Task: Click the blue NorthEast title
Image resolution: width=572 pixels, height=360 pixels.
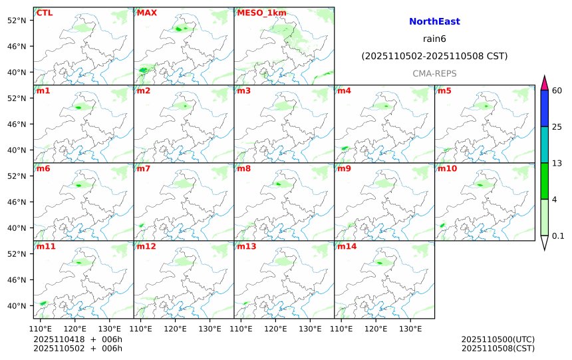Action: [434, 22]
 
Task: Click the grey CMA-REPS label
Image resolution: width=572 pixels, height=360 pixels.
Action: [434, 73]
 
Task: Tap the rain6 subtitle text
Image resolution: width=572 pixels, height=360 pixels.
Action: [434, 39]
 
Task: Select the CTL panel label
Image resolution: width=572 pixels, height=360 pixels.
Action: [45, 13]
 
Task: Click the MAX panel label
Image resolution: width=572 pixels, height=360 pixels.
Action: [146, 13]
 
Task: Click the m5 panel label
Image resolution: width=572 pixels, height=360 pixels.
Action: [444, 90]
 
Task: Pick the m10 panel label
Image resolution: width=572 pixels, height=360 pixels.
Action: [446, 168]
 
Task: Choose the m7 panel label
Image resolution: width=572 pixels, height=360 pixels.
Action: [144, 168]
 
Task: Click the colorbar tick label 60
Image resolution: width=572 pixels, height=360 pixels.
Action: [557, 90]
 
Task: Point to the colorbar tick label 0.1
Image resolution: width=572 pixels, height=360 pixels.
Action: [558, 236]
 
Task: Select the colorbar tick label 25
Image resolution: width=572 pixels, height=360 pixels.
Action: [557, 127]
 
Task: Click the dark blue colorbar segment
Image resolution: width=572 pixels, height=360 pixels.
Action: [544, 108]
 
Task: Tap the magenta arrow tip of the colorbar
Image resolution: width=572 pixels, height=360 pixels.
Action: [544, 83]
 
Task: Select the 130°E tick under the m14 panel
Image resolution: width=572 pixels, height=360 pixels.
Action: [410, 329]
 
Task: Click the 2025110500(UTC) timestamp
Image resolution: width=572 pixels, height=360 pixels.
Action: [498, 339]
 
